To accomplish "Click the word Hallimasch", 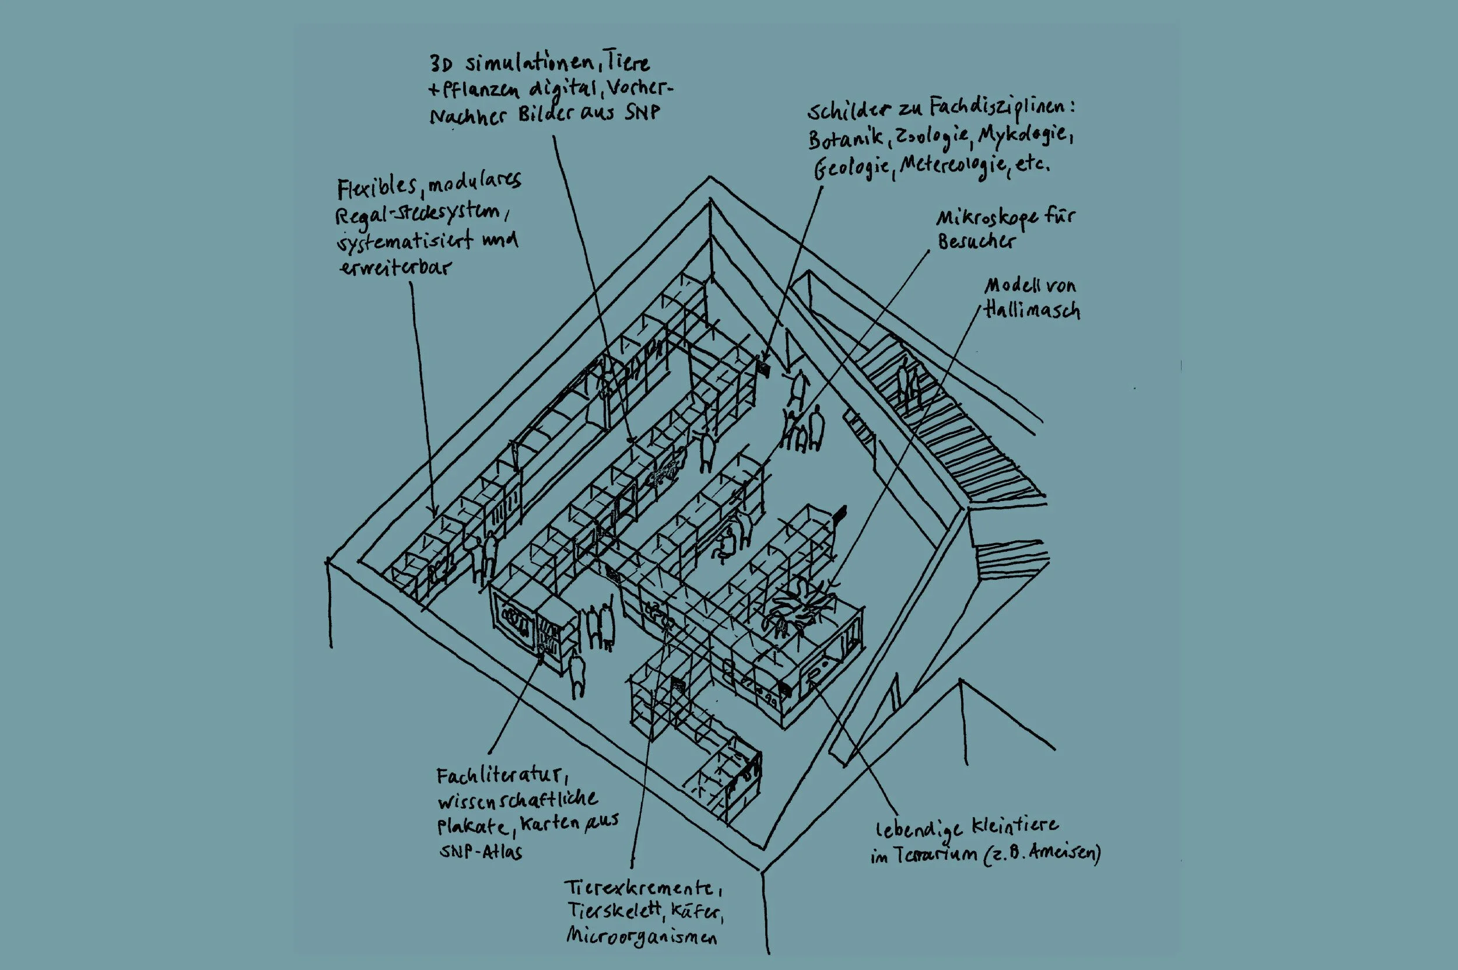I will click(1032, 309).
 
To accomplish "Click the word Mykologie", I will click(1024, 135).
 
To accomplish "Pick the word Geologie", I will click(852, 168).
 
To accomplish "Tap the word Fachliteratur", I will click(499, 776).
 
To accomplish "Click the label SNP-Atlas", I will click(481, 852).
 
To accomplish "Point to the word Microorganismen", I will click(641, 936).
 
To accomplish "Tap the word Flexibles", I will click(377, 187).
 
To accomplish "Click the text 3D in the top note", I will click(441, 64).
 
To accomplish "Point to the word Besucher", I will click(976, 241).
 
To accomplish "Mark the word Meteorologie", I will click(952, 166).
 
